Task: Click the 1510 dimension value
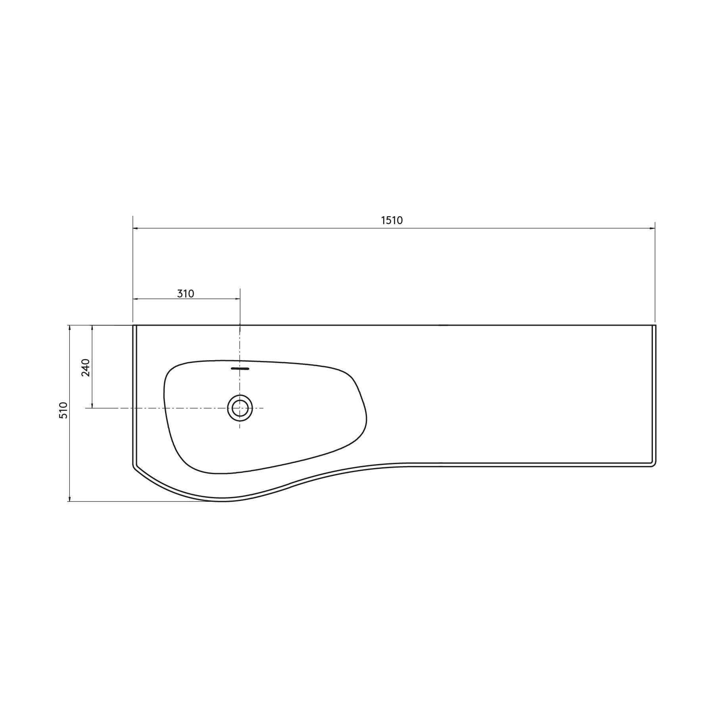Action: coord(392,220)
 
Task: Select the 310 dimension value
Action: coord(185,294)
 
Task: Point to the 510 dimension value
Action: coord(63,410)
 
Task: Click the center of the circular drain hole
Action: coord(240,408)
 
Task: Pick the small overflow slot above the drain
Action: coord(240,369)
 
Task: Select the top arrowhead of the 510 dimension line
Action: coord(69,328)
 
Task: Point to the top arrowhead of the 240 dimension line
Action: coord(92,328)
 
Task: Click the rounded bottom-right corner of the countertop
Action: coord(653,464)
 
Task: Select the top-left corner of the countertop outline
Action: coord(133,325)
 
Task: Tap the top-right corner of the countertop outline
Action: coord(655,325)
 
